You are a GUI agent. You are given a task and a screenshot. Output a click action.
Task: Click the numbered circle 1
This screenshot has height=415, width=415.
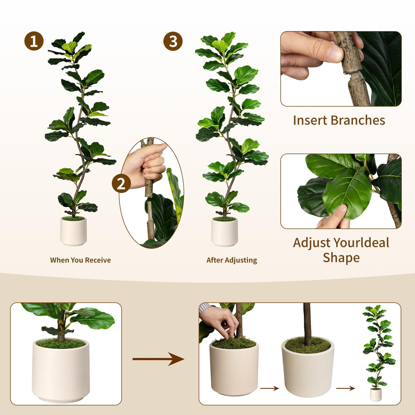pyautogui.click(x=34, y=41)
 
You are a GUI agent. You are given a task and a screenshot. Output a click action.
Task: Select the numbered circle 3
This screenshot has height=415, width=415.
pyautogui.click(x=173, y=41)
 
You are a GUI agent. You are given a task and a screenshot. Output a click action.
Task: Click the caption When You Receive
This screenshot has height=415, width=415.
pyautogui.click(x=80, y=260)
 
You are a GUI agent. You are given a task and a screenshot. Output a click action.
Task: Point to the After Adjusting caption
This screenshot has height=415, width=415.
pyautogui.click(x=232, y=260)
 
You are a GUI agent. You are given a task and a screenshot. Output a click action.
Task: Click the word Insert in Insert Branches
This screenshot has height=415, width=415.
pyautogui.click(x=310, y=120)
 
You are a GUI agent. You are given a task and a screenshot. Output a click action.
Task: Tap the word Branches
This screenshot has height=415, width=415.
pyautogui.click(x=358, y=120)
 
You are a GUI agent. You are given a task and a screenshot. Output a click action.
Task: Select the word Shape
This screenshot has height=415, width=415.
pyautogui.click(x=341, y=258)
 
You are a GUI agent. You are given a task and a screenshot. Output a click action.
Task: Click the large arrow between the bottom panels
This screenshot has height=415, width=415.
pyautogui.click(x=158, y=359)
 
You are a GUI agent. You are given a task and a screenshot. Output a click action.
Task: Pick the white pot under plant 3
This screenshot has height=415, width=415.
pyautogui.click(x=224, y=232)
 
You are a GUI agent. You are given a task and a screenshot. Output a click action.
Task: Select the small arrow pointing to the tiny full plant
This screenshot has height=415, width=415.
pyautogui.click(x=345, y=388)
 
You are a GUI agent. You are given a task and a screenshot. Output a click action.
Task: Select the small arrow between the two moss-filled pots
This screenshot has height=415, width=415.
pyautogui.click(x=269, y=388)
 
